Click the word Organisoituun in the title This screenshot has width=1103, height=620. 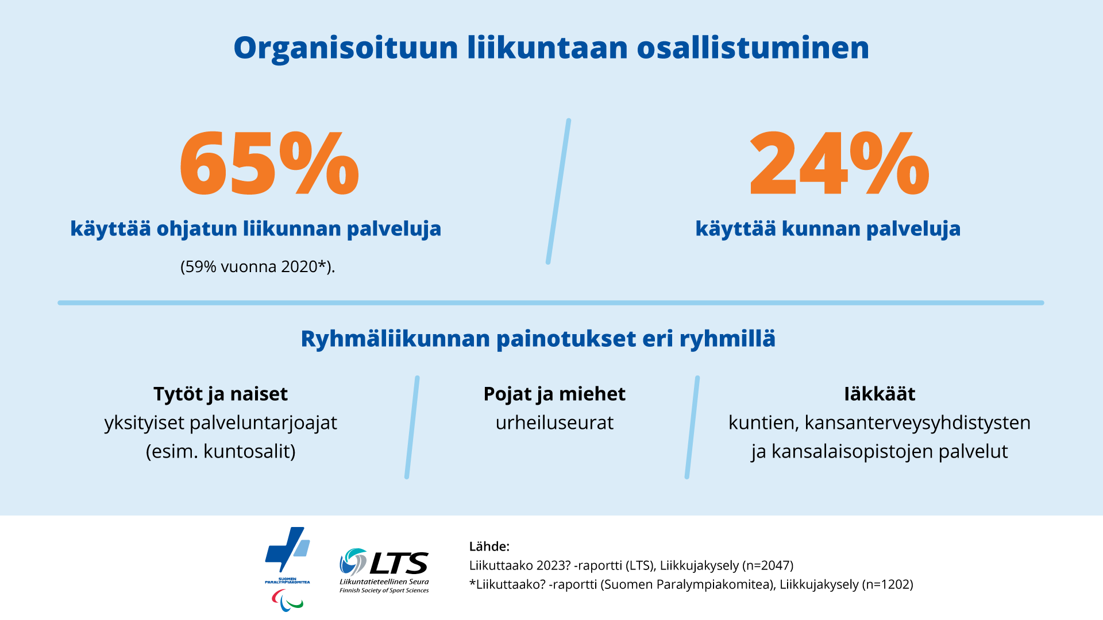tap(345, 48)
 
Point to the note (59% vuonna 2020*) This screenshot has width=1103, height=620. tap(257, 267)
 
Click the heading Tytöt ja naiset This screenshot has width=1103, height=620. tap(221, 394)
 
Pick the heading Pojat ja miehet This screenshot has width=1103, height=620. tap(554, 394)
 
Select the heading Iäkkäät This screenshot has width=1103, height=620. tap(880, 394)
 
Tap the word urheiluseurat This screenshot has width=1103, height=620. tap(554, 423)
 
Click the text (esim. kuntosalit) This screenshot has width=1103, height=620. tap(221, 452)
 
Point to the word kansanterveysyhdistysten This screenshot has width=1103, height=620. tap(917, 423)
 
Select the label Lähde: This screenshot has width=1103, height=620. tap(489, 547)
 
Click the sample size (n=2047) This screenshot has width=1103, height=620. tap(768, 565)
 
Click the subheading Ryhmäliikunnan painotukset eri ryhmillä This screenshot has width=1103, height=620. tap(538, 339)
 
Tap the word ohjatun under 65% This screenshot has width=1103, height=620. tap(196, 229)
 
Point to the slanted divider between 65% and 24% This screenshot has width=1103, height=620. tap(558, 192)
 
